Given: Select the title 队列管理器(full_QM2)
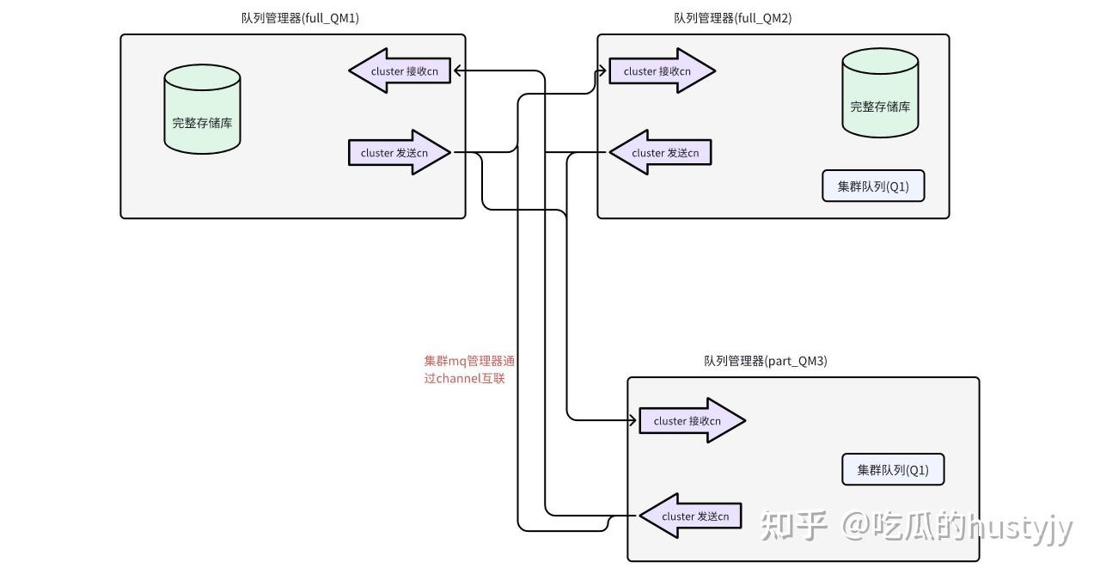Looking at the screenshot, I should [x=732, y=18].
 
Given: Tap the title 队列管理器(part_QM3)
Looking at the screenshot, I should [x=765, y=361].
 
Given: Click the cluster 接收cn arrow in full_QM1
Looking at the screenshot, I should [x=400, y=71].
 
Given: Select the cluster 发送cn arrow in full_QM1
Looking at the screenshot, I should [x=400, y=153].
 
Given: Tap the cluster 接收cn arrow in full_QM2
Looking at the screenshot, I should [x=662, y=71].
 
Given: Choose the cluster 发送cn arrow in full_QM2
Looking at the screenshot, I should [x=661, y=153].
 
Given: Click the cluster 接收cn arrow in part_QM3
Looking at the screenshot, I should [x=692, y=421].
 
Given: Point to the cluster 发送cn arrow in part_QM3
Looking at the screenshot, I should [x=691, y=516].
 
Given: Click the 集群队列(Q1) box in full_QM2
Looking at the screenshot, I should [x=873, y=186].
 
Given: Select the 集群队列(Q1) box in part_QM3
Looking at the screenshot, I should [x=893, y=470].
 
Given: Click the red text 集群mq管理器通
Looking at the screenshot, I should [x=469, y=361].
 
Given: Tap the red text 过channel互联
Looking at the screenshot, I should [x=464, y=378].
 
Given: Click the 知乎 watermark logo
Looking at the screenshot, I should [x=793, y=525].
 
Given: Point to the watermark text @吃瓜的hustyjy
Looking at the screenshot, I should [x=956, y=525].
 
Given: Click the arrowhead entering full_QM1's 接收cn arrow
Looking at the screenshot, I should [x=458, y=71].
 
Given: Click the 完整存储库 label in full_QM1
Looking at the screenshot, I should [x=202, y=123].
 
